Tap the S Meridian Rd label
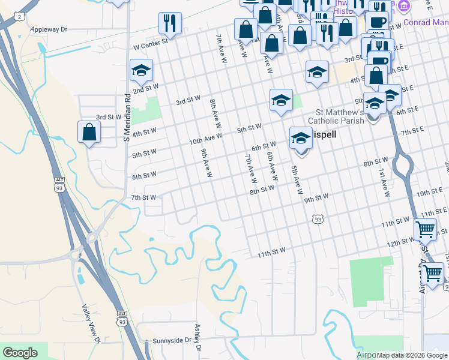point(127,117)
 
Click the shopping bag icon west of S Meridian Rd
point(89,133)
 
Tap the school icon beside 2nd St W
point(141,70)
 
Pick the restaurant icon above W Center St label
point(170,23)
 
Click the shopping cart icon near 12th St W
point(426,229)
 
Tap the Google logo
point(20,353)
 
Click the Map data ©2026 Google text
point(412,355)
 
